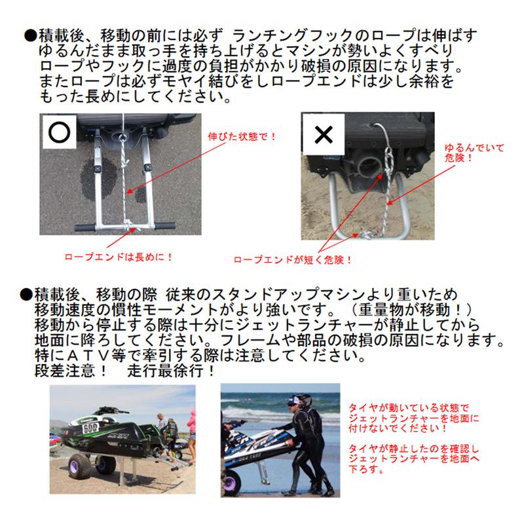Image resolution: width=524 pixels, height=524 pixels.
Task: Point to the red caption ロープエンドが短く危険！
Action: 293,259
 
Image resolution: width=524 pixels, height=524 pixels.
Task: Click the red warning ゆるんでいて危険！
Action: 467,153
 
